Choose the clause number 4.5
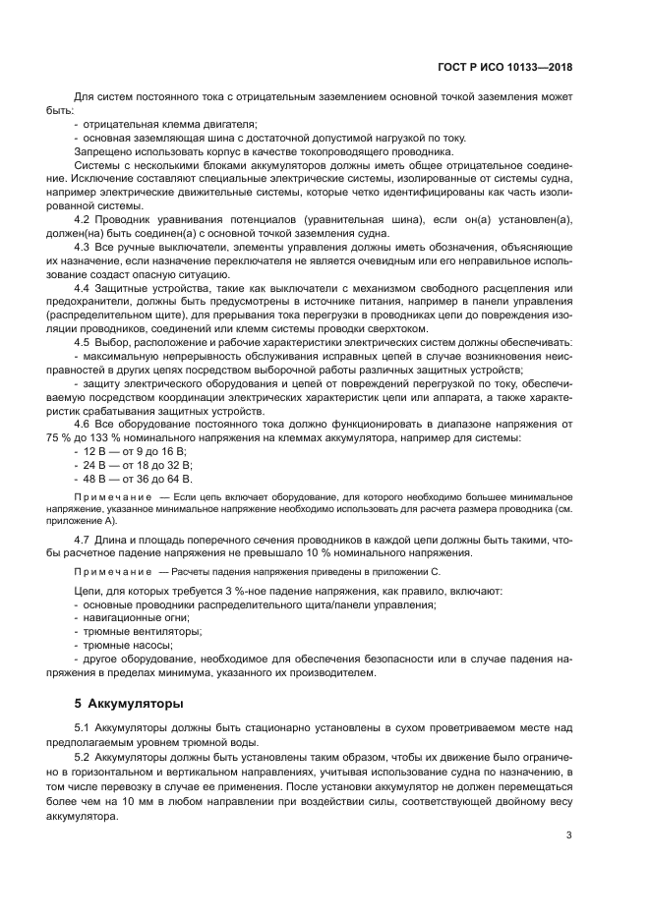[x=84, y=340]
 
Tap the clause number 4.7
[x=84, y=540]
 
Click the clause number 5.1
[x=84, y=728]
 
